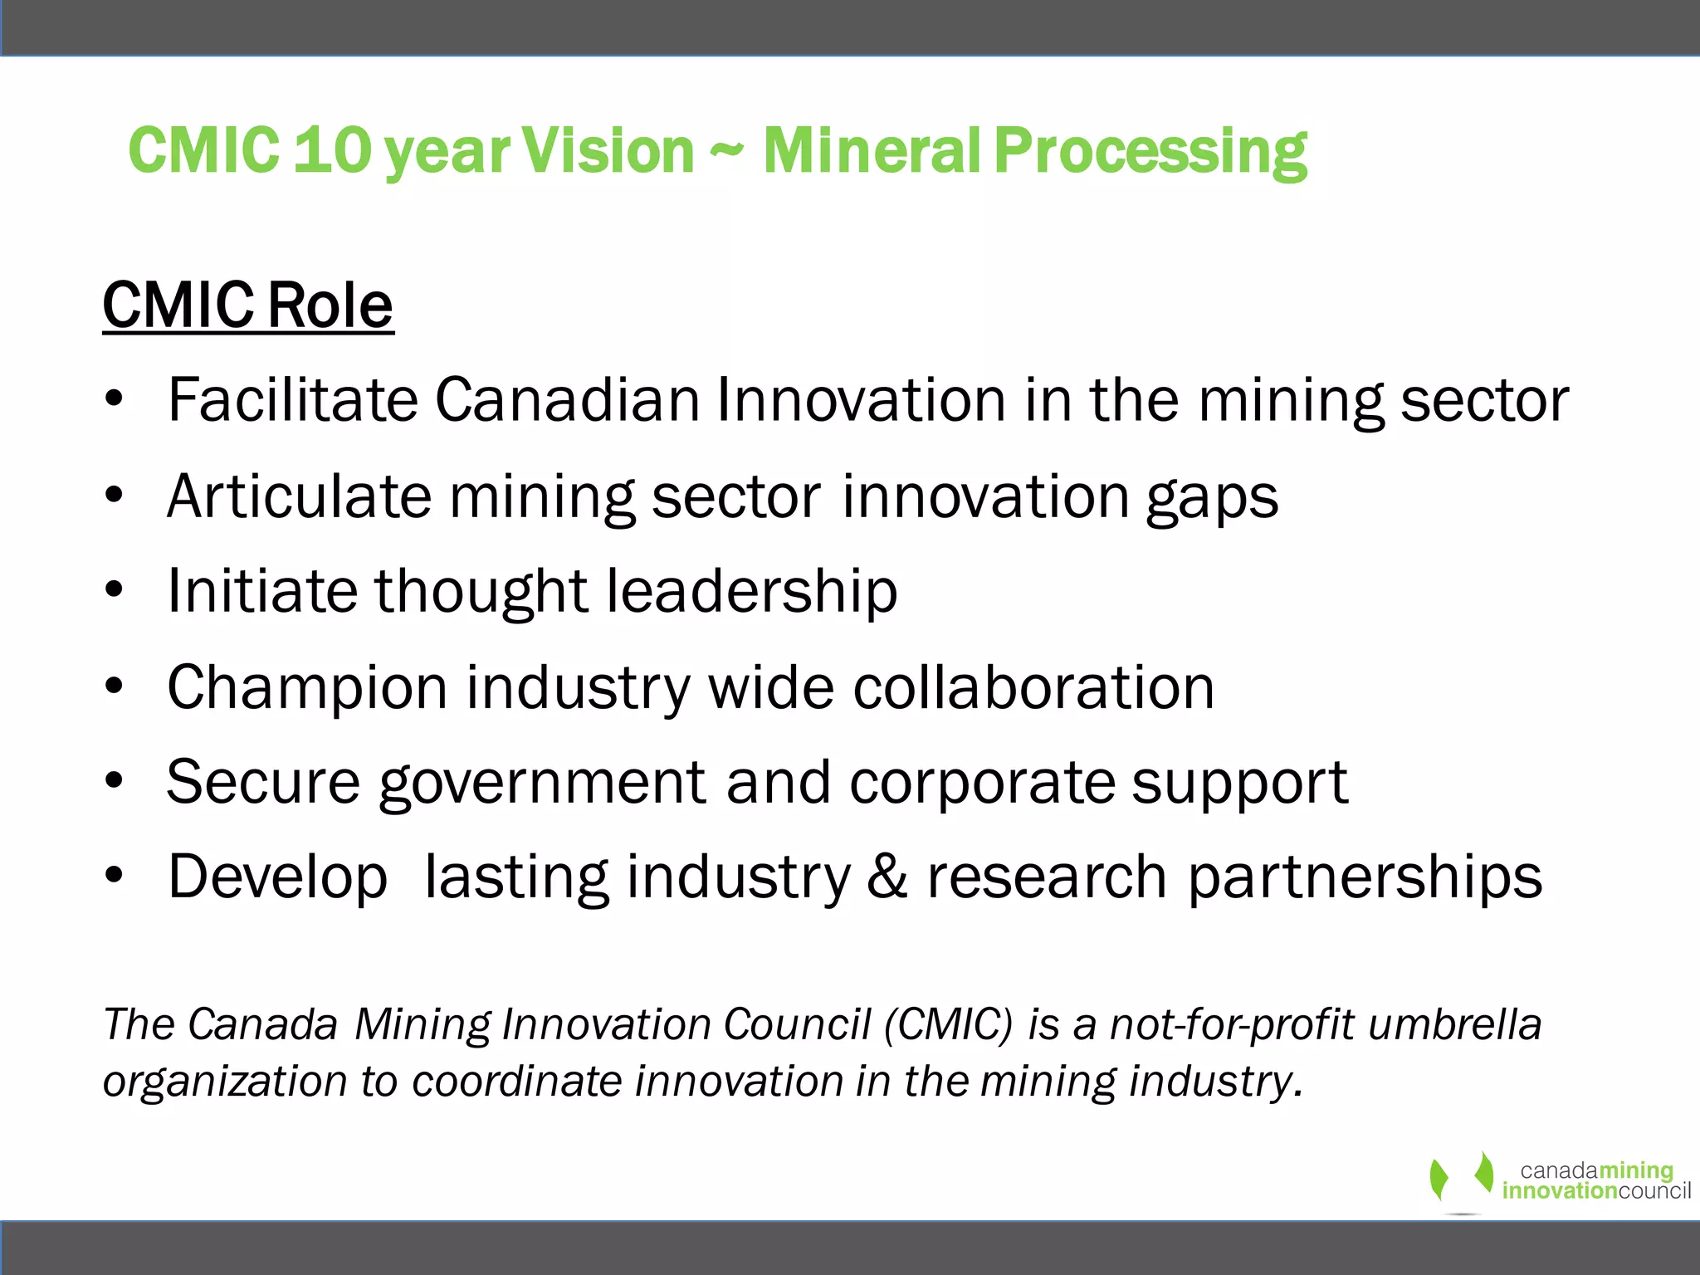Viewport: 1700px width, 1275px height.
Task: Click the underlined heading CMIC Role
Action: coord(247,305)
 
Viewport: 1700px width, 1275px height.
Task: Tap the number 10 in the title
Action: coord(332,151)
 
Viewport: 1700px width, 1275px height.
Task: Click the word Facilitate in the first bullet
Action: coord(292,400)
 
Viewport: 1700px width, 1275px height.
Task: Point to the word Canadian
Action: coord(567,400)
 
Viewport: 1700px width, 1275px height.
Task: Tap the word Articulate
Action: coord(299,496)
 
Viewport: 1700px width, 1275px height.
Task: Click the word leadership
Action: coord(751,592)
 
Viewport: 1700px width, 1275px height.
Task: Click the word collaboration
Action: coord(1033,687)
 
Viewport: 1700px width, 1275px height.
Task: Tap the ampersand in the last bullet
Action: coord(887,877)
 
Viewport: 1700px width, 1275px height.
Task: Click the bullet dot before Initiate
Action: coord(115,590)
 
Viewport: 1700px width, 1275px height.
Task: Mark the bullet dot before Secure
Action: coord(115,781)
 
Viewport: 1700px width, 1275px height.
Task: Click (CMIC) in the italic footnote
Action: coord(949,1024)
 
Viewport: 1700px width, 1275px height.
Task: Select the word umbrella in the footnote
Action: coord(1454,1024)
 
